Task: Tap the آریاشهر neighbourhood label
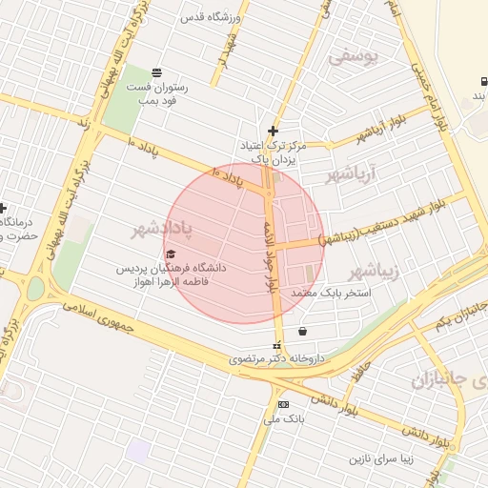coord(352,174)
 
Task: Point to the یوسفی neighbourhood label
coord(354,56)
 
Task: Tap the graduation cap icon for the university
coord(171,254)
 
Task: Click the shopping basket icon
coord(302,332)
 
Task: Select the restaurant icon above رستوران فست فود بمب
coord(156,72)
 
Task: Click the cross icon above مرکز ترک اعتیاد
coord(274,131)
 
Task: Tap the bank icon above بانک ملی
coord(282,404)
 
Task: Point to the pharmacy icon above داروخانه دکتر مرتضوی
coord(276,346)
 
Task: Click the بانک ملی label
coord(282,419)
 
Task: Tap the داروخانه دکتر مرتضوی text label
coord(277,360)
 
